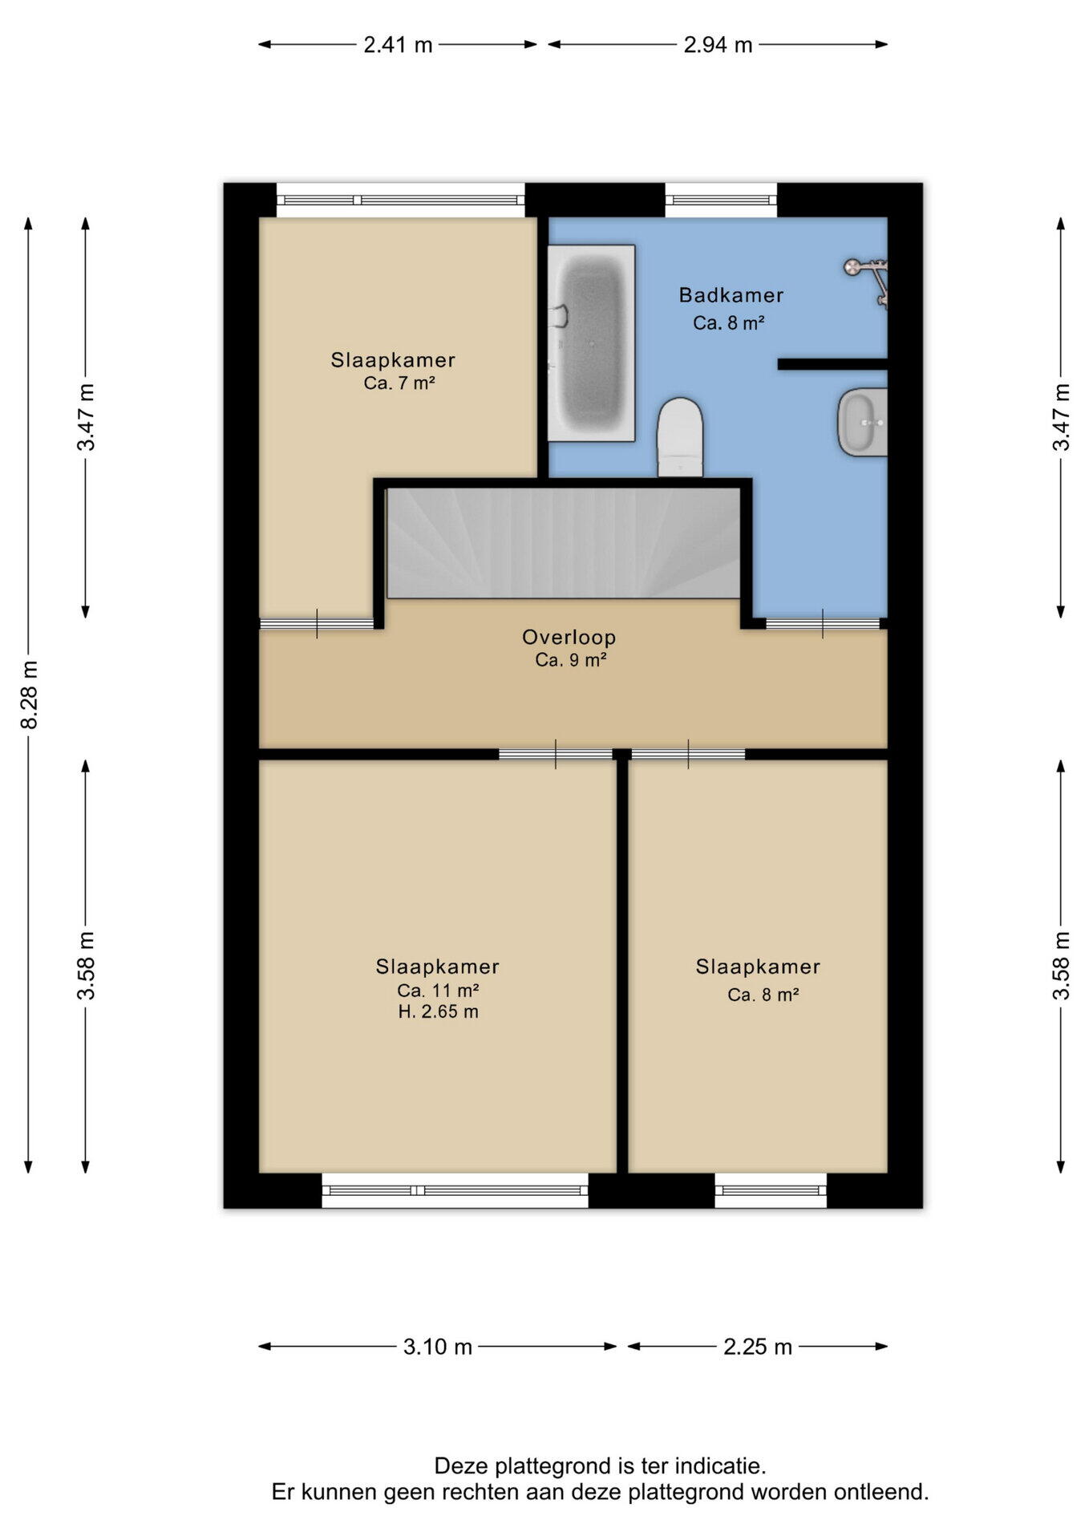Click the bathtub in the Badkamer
[x=591, y=343]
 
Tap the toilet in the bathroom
[x=680, y=437]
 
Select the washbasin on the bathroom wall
[x=863, y=422]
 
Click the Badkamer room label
[x=731, y=295]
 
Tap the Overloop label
[x=569, y=638]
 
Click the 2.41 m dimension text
[x=398, y=45]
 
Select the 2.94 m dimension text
[x=718, y=45]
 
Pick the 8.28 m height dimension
[x=29, y=695]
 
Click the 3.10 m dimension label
[x=438, y=1347]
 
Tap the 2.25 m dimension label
[x=758, y=1347]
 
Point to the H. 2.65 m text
[x=438, y=1012]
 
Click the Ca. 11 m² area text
[x=438, y=991]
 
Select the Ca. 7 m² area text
[x=399, y=383]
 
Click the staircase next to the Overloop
[x=563, y=543]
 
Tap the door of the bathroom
[x=823, y=624]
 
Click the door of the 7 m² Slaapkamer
[x=318, y=624]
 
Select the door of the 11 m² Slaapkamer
[x=556, y=754]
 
